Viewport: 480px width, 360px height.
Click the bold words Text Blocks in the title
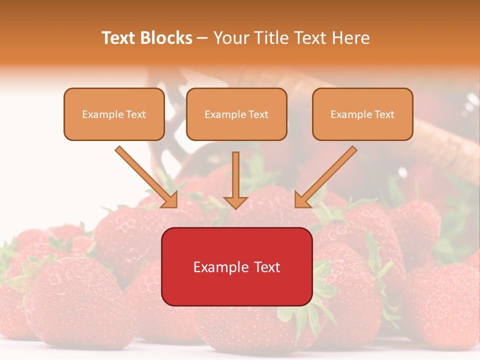[x=146, y=38]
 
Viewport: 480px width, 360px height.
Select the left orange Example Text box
[x=114, y=114]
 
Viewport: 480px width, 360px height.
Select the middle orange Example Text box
[x=236, y=114]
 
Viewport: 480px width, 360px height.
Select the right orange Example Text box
[x=362, y=114]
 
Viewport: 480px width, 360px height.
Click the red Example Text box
[x=236, y=267]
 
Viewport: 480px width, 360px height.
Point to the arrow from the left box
[x=145, y=176]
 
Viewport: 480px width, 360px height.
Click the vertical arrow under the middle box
[x=235, y=177]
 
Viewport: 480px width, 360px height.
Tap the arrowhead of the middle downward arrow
[x=235, y=202]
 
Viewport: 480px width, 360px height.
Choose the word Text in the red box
[x=267, y=267]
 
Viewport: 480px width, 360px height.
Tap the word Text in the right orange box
[x=384, y=114]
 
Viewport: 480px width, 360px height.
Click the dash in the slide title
[x=202, y=38]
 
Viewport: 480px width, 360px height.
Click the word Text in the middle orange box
[x=258, y=114]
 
